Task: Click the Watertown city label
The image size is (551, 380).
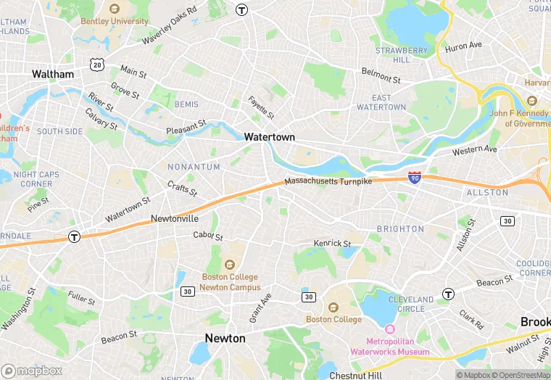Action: click(269, 136)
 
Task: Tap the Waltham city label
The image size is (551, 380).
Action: click(53, 74)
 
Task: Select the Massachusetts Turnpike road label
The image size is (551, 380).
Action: click(328, 181)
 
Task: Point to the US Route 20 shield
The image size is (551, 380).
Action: click(97, 65)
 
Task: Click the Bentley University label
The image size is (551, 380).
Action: click(115, 21)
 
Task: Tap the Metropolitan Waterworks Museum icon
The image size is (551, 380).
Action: click(390, 331)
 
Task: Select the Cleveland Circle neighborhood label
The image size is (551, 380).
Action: click(411, 304)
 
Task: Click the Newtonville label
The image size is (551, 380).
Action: click(175, 218)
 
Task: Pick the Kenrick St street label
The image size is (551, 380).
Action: click(332, 243)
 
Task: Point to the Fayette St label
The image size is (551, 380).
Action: click(262, 108)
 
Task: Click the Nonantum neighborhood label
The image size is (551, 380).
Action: click(194, 167)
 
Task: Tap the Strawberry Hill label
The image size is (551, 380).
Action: click(402, 55)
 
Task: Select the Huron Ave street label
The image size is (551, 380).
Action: click(464, 46)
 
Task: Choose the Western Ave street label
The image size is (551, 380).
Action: click(475, 151)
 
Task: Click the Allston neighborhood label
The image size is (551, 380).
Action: click(487, 192)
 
